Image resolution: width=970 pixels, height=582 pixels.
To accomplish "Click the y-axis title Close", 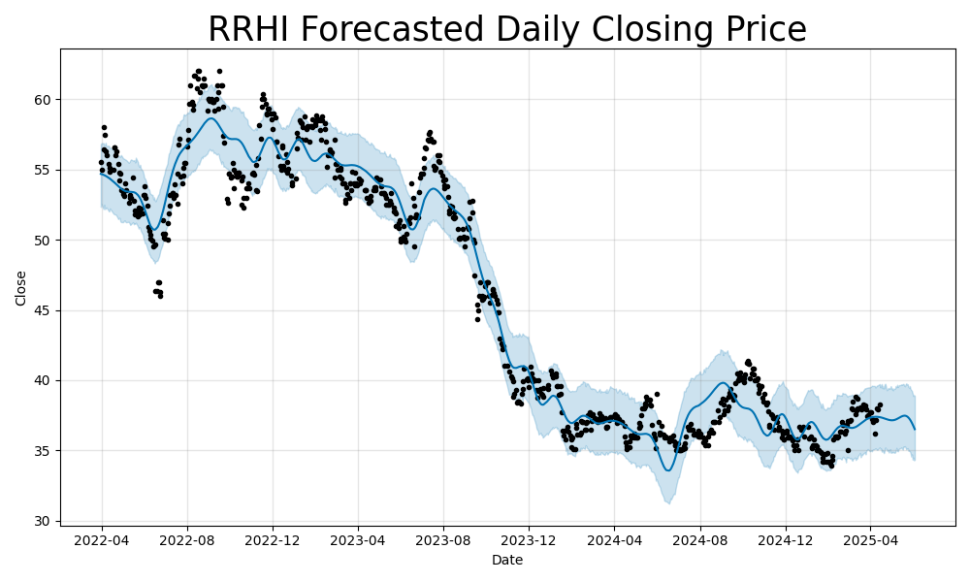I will coord(21,288).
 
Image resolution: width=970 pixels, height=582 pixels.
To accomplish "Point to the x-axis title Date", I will coord(507,560).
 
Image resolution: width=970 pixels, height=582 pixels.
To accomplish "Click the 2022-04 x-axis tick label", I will coord(102,539).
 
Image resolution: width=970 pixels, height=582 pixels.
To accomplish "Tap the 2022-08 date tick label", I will coord(187,539).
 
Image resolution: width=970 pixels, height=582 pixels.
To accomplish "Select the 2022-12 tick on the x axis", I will coord(273,539).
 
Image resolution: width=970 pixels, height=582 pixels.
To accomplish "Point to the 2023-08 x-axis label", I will coord(443,539).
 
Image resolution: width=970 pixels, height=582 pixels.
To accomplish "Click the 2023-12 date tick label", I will coord(529,539).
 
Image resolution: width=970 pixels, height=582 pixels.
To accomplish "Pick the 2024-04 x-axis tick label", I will coord(614,539).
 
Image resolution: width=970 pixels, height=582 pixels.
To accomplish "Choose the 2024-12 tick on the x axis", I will coord(785,539).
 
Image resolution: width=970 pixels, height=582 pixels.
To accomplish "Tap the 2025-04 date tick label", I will coord(869,539).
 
